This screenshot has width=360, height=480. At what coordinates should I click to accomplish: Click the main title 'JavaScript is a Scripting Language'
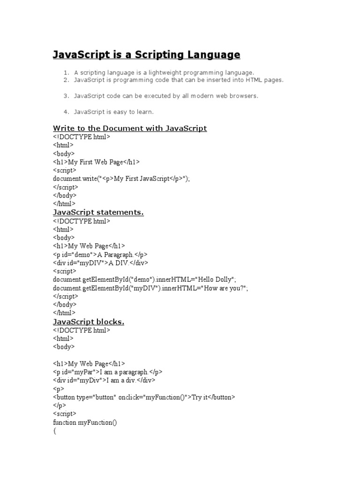(146, 55)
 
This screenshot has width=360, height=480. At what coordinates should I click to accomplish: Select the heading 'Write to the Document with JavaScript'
(130, 128)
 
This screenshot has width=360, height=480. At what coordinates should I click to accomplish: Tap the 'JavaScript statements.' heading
(98, 212)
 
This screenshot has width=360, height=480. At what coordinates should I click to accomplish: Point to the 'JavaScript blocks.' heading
(89, 322)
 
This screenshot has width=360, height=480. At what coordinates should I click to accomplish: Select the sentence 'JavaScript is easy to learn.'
(114, 112)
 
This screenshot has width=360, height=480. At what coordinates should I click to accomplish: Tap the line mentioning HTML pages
(179, 80)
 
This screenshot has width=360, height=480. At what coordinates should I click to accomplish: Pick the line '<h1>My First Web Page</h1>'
(97, 162)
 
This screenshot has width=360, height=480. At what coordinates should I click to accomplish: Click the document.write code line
(122, 179)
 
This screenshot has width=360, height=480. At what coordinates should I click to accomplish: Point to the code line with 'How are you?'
(150, 288)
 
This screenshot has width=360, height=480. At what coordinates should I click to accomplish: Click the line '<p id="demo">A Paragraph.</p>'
(100, 255)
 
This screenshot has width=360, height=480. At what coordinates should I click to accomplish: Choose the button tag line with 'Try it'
(144, 397)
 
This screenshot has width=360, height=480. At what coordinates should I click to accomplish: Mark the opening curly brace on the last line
(55, 431)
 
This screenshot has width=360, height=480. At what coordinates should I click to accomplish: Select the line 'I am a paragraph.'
(108, 372)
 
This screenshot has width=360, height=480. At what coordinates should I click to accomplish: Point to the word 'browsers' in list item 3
(244, 96)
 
